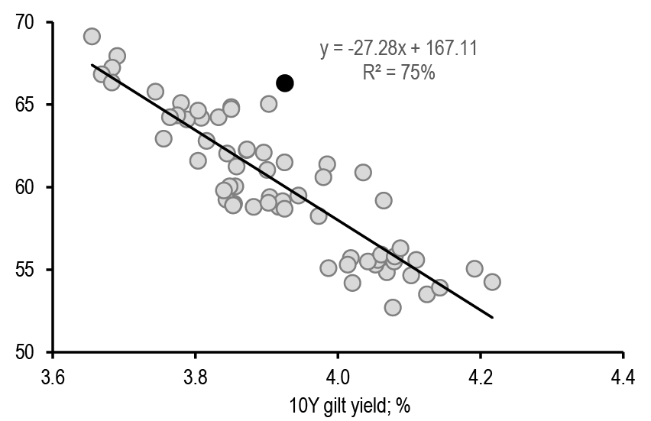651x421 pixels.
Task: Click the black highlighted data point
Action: click(284, 83)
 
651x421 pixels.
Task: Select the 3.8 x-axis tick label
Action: click(196, 377)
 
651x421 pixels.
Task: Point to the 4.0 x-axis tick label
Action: click(338, 377)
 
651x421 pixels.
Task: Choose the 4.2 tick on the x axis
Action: click(481, 377)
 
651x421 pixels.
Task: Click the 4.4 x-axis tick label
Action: click(623, 377)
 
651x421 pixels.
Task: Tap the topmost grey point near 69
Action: click(92, 37)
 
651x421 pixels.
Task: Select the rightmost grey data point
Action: click(492, 282)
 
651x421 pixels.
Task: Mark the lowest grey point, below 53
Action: click(393, 307)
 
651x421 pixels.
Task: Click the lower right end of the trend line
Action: click(493, 317)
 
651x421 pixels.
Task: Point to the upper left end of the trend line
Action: click(92, 65)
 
